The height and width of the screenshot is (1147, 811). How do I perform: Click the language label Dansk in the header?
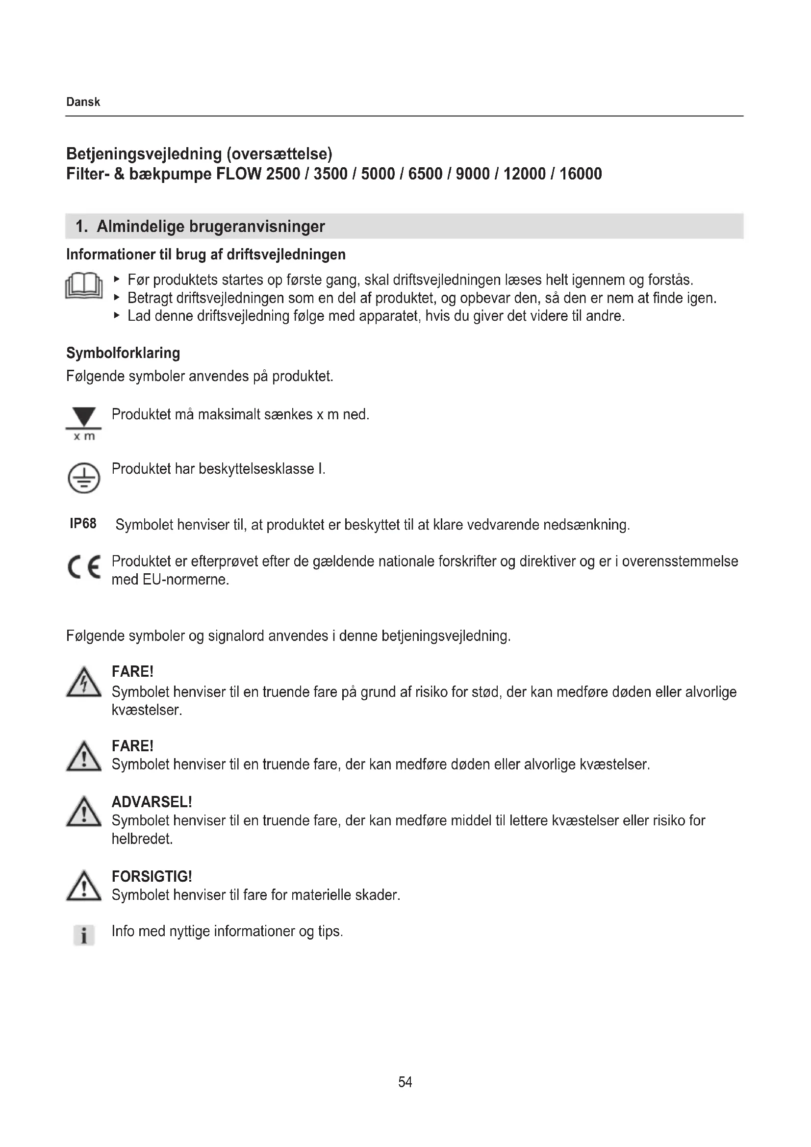83,102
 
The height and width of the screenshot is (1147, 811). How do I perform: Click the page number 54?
405,1082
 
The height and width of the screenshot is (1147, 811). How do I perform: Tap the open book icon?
84,286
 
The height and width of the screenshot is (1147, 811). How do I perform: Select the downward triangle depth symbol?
84,417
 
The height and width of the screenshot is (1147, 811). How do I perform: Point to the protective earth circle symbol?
84,478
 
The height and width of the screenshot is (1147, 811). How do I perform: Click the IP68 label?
83,524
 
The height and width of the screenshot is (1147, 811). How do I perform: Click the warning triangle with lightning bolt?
84,683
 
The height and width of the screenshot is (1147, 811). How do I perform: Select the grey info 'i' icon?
84,935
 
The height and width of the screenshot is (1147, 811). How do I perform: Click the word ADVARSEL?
152,802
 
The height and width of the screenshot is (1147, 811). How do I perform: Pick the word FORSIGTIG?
152,876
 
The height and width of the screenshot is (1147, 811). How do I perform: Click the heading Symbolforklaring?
123,353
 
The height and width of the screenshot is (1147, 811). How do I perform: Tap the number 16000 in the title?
580,174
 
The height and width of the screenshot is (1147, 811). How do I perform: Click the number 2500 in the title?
282,174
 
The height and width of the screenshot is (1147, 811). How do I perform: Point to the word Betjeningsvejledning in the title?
144,154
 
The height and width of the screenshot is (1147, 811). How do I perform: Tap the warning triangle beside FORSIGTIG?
84,887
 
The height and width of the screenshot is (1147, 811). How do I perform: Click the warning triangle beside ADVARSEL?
84,812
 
